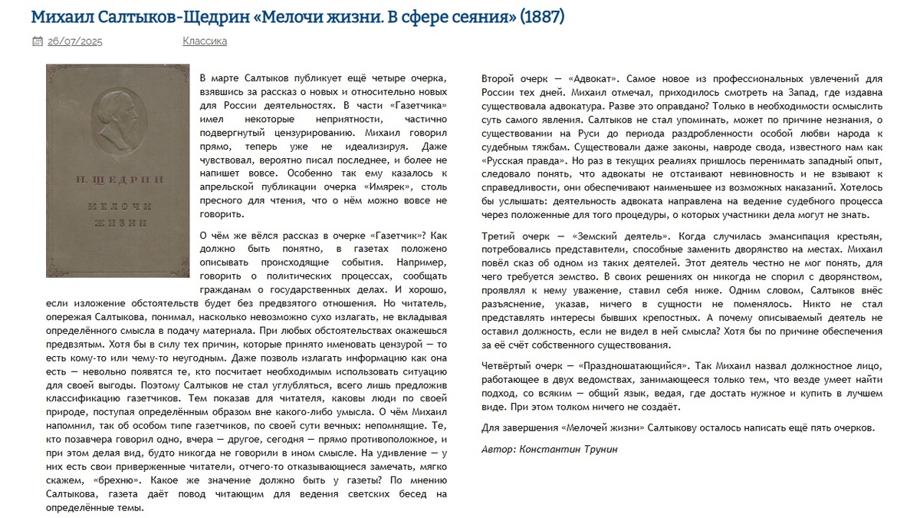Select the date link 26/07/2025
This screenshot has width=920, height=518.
tap(74, 41)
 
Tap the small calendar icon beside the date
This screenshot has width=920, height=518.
tap(37, 41)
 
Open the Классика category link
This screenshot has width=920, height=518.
tap(205, 41)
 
